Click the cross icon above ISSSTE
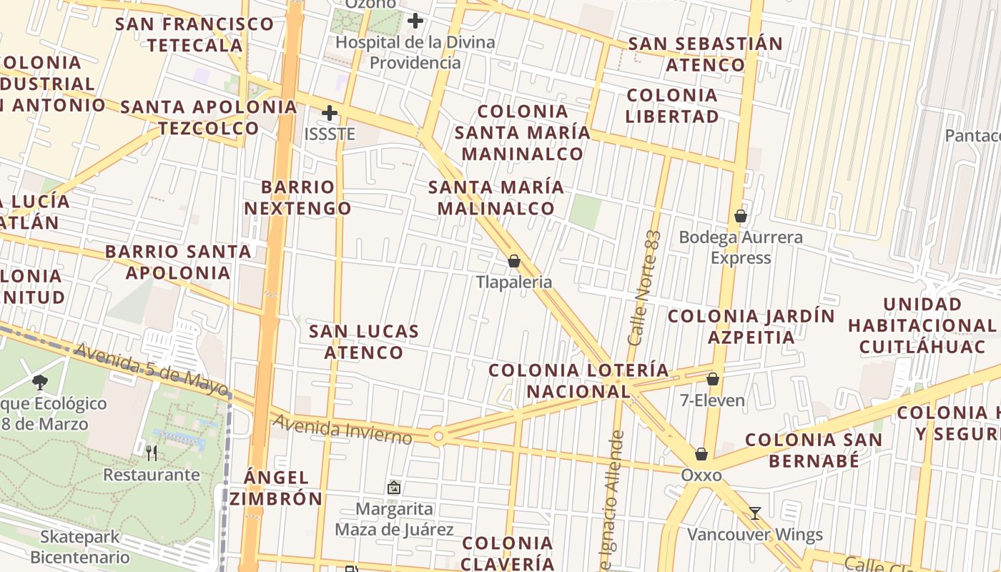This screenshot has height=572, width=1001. click(x=329, y=113)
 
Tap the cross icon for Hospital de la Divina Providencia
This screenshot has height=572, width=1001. click(x=415, y=21)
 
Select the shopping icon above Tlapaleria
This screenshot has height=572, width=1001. click(x=513, y=261)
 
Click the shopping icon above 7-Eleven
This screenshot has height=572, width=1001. click(x=712, y=379)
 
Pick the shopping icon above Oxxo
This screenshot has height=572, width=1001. click(x=701, y=454)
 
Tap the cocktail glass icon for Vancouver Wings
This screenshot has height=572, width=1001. click(x=754, y=513)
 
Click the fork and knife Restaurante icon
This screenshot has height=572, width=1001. click(x=152, y=453)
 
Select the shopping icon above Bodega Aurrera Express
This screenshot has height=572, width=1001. click(x=741, y=215)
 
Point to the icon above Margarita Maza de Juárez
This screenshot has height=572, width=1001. click(x=393, y=488)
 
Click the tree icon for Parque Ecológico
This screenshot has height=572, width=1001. click(x=40, y=383)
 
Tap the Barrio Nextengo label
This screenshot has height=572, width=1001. click(x=297, y=198)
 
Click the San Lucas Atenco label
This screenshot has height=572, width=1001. click(x=364, y=342)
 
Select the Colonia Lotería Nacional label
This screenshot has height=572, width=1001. click(x=579, y=380)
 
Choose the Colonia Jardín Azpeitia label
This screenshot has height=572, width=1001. click(x=751, y=326)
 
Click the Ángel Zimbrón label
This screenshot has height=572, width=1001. click(x=275, y=488)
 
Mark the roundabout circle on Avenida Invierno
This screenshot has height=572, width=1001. click(x=438, y=435)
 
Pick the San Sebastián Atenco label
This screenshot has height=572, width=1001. click(x=705, y=54)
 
